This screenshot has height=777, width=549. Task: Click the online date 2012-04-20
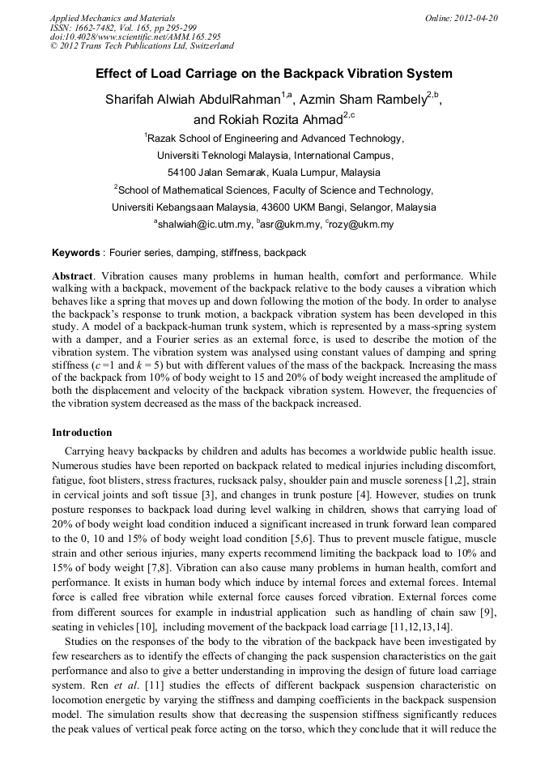(x=477, y=18)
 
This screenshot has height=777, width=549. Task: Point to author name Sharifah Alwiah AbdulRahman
(x=192, y=100)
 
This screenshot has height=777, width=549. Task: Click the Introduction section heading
(x=82, y=433)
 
